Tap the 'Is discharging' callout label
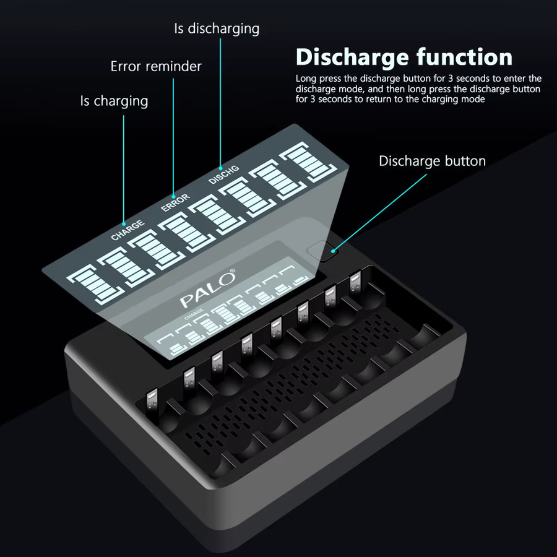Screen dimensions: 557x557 pyautogui.click(x=217, y=28)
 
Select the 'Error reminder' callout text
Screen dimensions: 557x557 pyautogui.click(x=156, y=66)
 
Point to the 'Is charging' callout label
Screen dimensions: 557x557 pyautogui.click(x=114, y=101)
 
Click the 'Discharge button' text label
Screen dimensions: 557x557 pyautogui.click(x=433, y=161)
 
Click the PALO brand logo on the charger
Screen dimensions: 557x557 pyautogui.click(x=207, y=289)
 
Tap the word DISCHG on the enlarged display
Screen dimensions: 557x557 pyautogui.click(x=224, y=175)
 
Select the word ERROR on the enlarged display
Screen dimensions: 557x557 pyautogui.click(x=176, y=202)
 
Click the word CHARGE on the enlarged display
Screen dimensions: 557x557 pyautogui.click(x=128, y=230)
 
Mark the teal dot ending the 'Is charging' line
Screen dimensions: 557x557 pyautogui.click(x=124, y=224)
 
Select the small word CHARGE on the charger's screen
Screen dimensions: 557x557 pyautogui.click(x=194, y=314)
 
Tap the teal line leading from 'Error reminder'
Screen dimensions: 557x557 pyautogui.click(x=173, y=137)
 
